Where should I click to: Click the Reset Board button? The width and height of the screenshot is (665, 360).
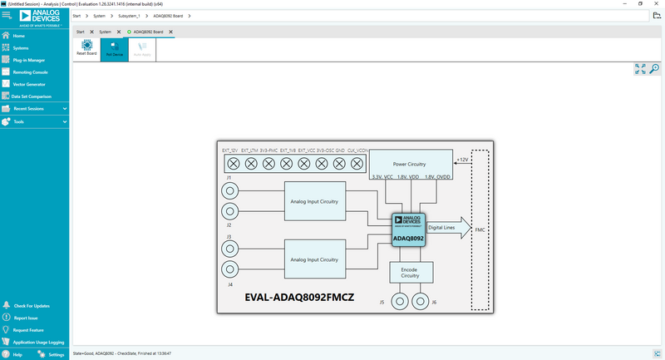point(86,48)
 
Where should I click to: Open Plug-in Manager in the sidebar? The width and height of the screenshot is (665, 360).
point(28,60)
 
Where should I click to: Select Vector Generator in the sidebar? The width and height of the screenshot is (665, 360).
point(28,84)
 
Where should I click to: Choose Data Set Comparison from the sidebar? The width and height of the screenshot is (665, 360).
point(32,96)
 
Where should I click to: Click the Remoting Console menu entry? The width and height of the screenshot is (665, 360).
point(30,72)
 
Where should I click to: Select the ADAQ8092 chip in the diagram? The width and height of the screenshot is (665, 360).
point(409,229)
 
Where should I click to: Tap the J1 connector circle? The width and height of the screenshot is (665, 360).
point(229,190)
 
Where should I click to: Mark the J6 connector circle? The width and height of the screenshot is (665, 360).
point(421,300)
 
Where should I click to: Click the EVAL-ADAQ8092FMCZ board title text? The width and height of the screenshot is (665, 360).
point(299,297)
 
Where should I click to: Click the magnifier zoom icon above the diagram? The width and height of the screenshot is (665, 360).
point(654,69)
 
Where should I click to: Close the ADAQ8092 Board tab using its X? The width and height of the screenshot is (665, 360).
point(170,32)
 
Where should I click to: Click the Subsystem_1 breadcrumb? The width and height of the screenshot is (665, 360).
point(127,16)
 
